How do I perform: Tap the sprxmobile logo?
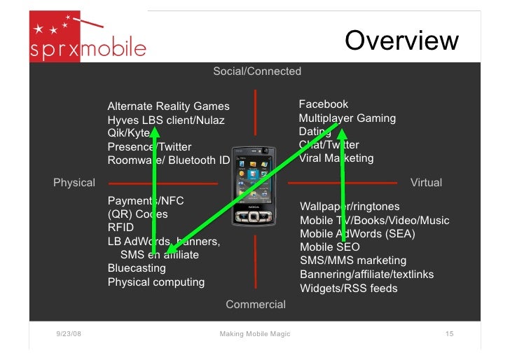[x=88, y=39]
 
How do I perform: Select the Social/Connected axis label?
[x=257, y=71]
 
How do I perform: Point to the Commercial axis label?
[x=256, y=304]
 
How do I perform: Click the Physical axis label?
[x=74, y=183]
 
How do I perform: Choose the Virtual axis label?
[x=426, y=183]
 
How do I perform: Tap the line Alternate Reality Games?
[x=168, y=106]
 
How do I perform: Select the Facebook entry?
[x=323, y=104]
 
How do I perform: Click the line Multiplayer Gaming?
[x=347, y=118]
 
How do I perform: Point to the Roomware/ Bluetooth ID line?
[x=168, y=160]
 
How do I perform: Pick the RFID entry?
[x=120, y=228]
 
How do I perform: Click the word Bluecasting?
[x=137, y=268]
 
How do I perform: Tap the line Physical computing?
[x=156, y=282]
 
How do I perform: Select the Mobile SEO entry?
[x=329, y=247]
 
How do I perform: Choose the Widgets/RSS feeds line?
[x=348, y=288]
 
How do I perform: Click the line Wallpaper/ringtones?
[x=350, y=207]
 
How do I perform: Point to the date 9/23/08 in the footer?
[x=68, y=334]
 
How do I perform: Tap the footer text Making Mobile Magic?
[x=254, y=334]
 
